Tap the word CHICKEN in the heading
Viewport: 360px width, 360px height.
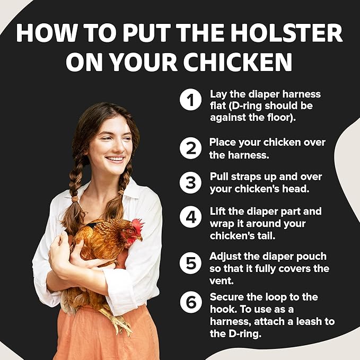(x=232, y=62)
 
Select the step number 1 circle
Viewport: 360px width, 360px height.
(x=190, y=100)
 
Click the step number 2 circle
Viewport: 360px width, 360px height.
(x=190, y=148)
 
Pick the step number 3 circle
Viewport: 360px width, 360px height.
(x=190, y=182)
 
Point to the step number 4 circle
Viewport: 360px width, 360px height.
(x=190, y=217)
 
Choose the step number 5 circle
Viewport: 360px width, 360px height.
(x=190, y=262)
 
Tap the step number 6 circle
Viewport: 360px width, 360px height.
(x=190, y=302)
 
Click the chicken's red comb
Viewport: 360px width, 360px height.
(x=138, y=225)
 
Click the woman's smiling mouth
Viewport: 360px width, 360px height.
(x=115, y=159)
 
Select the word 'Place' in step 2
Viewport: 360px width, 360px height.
(x=222, y=142)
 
